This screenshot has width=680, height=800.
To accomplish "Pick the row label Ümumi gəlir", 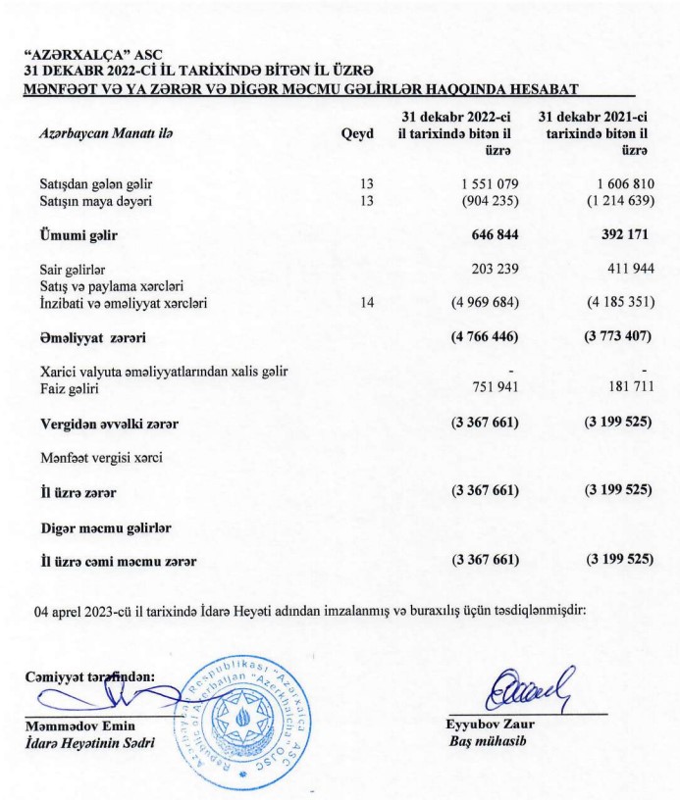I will point(78,235).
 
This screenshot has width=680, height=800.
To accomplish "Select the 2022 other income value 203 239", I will point(491,269).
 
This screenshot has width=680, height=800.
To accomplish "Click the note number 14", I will point(367,303).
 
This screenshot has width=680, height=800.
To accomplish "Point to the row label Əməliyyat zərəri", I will point(92,338).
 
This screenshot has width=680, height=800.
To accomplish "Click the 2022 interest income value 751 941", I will point(491,388).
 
